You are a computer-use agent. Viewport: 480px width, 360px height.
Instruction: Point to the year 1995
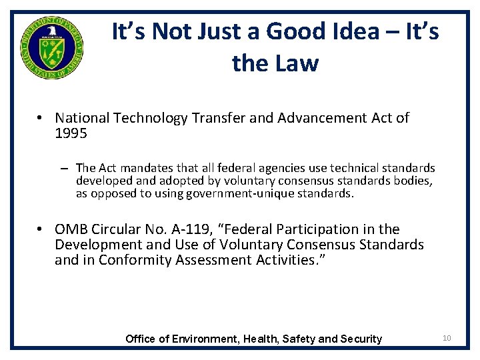pos(71,133)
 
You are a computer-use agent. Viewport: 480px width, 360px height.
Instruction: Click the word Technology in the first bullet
pos(151,118)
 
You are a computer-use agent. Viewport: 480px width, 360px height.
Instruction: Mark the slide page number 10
pos(447,338)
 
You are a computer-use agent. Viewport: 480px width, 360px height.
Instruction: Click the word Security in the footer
pos(361,339)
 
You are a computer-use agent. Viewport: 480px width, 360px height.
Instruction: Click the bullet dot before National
pos(41,119)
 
